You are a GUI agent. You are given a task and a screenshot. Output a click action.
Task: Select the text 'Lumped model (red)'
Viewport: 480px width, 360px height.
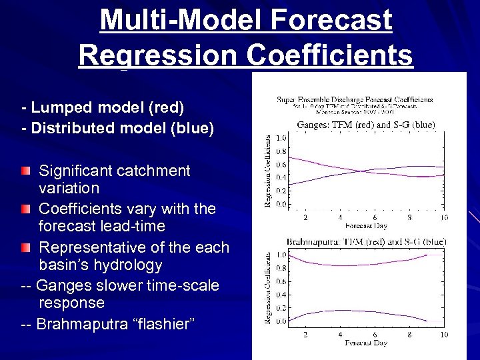click(x=107, y=107)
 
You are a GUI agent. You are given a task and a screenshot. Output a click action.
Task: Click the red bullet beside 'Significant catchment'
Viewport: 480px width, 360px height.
click(x=25, y=171)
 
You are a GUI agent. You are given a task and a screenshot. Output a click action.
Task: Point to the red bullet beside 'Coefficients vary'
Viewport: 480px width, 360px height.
click(x=25, y=209)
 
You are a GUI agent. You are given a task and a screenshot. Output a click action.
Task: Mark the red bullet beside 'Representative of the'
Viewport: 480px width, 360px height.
click(x=25, y=248)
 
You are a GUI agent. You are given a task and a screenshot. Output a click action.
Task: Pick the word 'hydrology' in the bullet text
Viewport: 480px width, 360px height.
click(x=131, y=265)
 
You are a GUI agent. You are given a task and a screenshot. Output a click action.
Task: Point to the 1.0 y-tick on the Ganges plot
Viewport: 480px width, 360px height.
click(x=281, y=138)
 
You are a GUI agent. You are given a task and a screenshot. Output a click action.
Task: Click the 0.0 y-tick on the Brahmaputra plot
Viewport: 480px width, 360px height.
click(x=281, y=321)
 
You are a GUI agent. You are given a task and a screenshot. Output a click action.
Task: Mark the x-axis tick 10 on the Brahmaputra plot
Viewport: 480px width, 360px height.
click(x=443, y=334)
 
